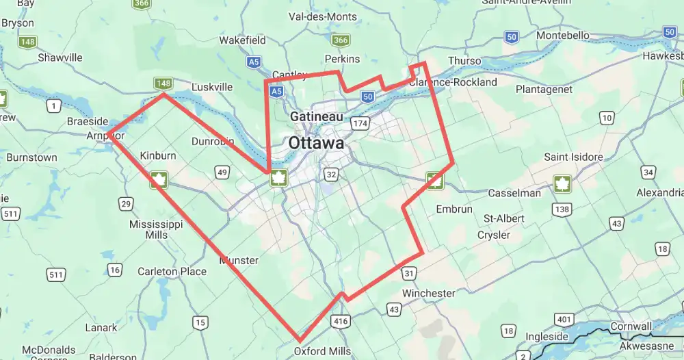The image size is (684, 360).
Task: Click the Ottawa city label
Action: tap(316, 144)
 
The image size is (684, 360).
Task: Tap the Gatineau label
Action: tap(316, 117)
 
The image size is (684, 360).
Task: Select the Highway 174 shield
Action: tap(360, 123)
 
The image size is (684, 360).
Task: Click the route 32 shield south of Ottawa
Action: tap(332, 175)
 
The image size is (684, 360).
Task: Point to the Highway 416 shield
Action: tap(340, 320)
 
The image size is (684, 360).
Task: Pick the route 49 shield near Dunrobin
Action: tap(222, 172)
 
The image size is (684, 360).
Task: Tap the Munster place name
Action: tap(239, 260)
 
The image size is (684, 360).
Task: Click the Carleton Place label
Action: tap(172, 272)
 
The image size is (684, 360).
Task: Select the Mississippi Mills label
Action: tap(156, 229)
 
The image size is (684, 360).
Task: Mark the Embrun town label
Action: tap(453, 209)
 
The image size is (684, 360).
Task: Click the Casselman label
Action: tap(514, 193)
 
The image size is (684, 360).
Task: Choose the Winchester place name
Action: tap(428, 293)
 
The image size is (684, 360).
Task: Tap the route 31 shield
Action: tap(409, 273)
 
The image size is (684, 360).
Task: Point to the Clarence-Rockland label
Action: tap(453, 82)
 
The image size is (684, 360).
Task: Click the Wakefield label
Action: tap(242, 40)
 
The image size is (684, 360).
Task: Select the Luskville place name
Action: tap(212, 87)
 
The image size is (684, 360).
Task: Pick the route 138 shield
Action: tap(563, 209)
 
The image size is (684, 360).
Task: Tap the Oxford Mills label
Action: tap(322, 351)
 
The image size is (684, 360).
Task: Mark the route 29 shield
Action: tap(125, 203)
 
